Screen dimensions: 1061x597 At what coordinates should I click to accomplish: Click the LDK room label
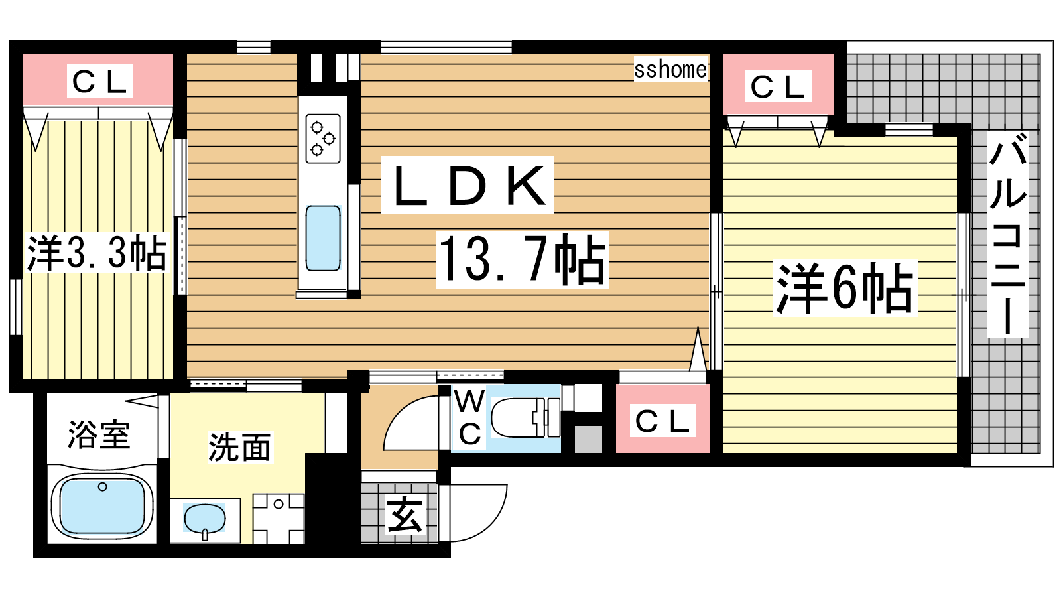(467, 185)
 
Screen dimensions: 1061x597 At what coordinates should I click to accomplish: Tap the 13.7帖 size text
(522, 259)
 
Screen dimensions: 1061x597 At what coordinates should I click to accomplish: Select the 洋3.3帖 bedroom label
(97, 253)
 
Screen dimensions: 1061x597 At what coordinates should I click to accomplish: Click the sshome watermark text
(670, 70)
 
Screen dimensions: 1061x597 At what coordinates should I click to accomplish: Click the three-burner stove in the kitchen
(323, 139)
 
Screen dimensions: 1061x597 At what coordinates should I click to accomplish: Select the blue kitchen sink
(323, 238)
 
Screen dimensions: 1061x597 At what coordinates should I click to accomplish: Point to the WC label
(469, 417)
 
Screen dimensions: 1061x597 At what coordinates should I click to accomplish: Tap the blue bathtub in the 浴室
(102, 505)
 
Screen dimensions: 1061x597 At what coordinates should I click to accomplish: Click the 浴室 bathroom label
(99, 434)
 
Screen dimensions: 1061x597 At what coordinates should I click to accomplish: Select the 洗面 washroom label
(239, 447)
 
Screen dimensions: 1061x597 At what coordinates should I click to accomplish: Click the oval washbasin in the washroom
(205, 519)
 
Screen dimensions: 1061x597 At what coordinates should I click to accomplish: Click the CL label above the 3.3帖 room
(99, 81)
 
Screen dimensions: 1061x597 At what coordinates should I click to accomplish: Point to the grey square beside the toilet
(588, 439)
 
